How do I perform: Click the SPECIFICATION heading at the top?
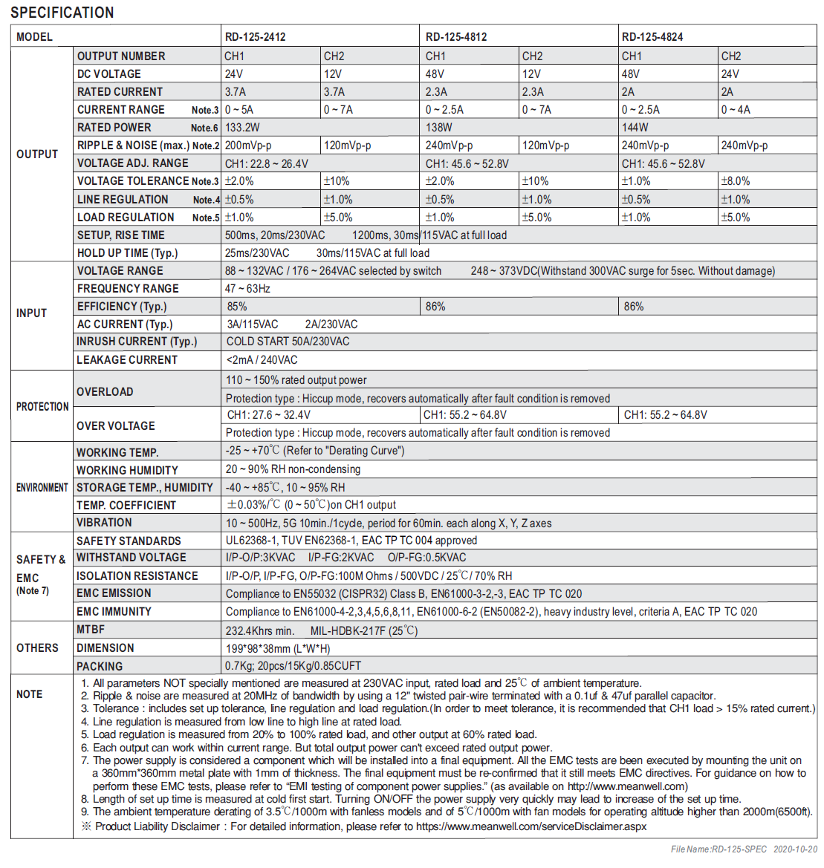[x=62, y=13]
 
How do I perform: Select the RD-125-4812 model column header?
[x=456, y=36]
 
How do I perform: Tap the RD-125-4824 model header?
[x=652, y=36]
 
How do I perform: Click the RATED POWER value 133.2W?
[x=242, y=128]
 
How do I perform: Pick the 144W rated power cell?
[x=635, y=128]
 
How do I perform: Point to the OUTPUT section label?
[x=37, y=154]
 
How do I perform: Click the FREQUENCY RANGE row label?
[x=128, y=289]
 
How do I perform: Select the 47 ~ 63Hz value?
[x=248, y=289]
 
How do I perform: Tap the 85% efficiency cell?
[x=238, y=307]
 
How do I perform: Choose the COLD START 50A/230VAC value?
[x=288, y=342]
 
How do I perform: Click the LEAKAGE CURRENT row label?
[x=127, y=360]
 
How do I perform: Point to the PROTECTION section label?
[x=42, y=407]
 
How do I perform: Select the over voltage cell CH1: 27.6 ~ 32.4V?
[x=269, y=415]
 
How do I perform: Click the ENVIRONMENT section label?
[x=42, y=488]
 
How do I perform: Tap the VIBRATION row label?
[x=104, y=523]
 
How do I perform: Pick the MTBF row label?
[x=91, y=630]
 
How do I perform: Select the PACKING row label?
[x=100, y=667]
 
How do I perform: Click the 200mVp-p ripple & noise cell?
[x=248, y=146]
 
